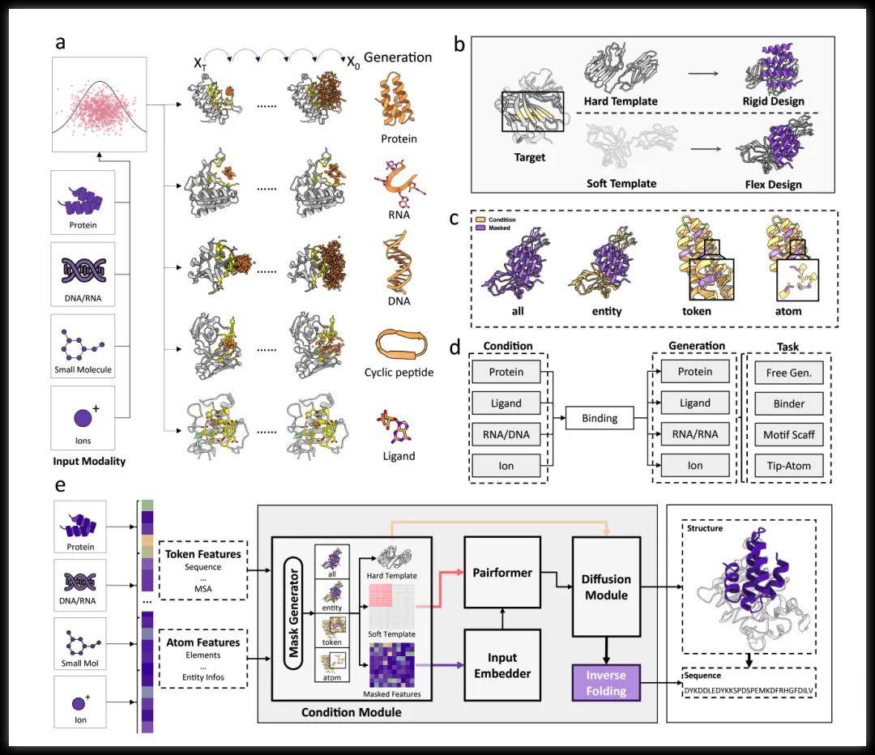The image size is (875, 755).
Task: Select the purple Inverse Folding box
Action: pos(606,682)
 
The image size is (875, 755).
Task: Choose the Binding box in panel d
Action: pos(599,419)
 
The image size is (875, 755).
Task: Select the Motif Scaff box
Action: pos(783,434)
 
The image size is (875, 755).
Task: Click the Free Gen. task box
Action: pos(783,372)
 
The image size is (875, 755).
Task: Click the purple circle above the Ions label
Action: pos(83,418)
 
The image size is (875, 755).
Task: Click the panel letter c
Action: pos(455,218)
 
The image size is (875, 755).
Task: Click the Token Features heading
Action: pos(203,554)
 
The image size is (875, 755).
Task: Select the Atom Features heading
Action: pos(203,642)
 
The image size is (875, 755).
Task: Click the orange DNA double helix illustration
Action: pos(399,264)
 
